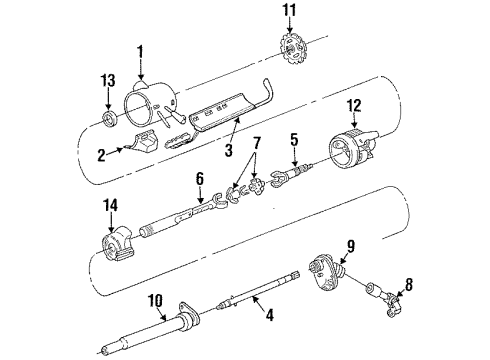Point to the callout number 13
[109, 81]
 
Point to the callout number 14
[110, 207]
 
